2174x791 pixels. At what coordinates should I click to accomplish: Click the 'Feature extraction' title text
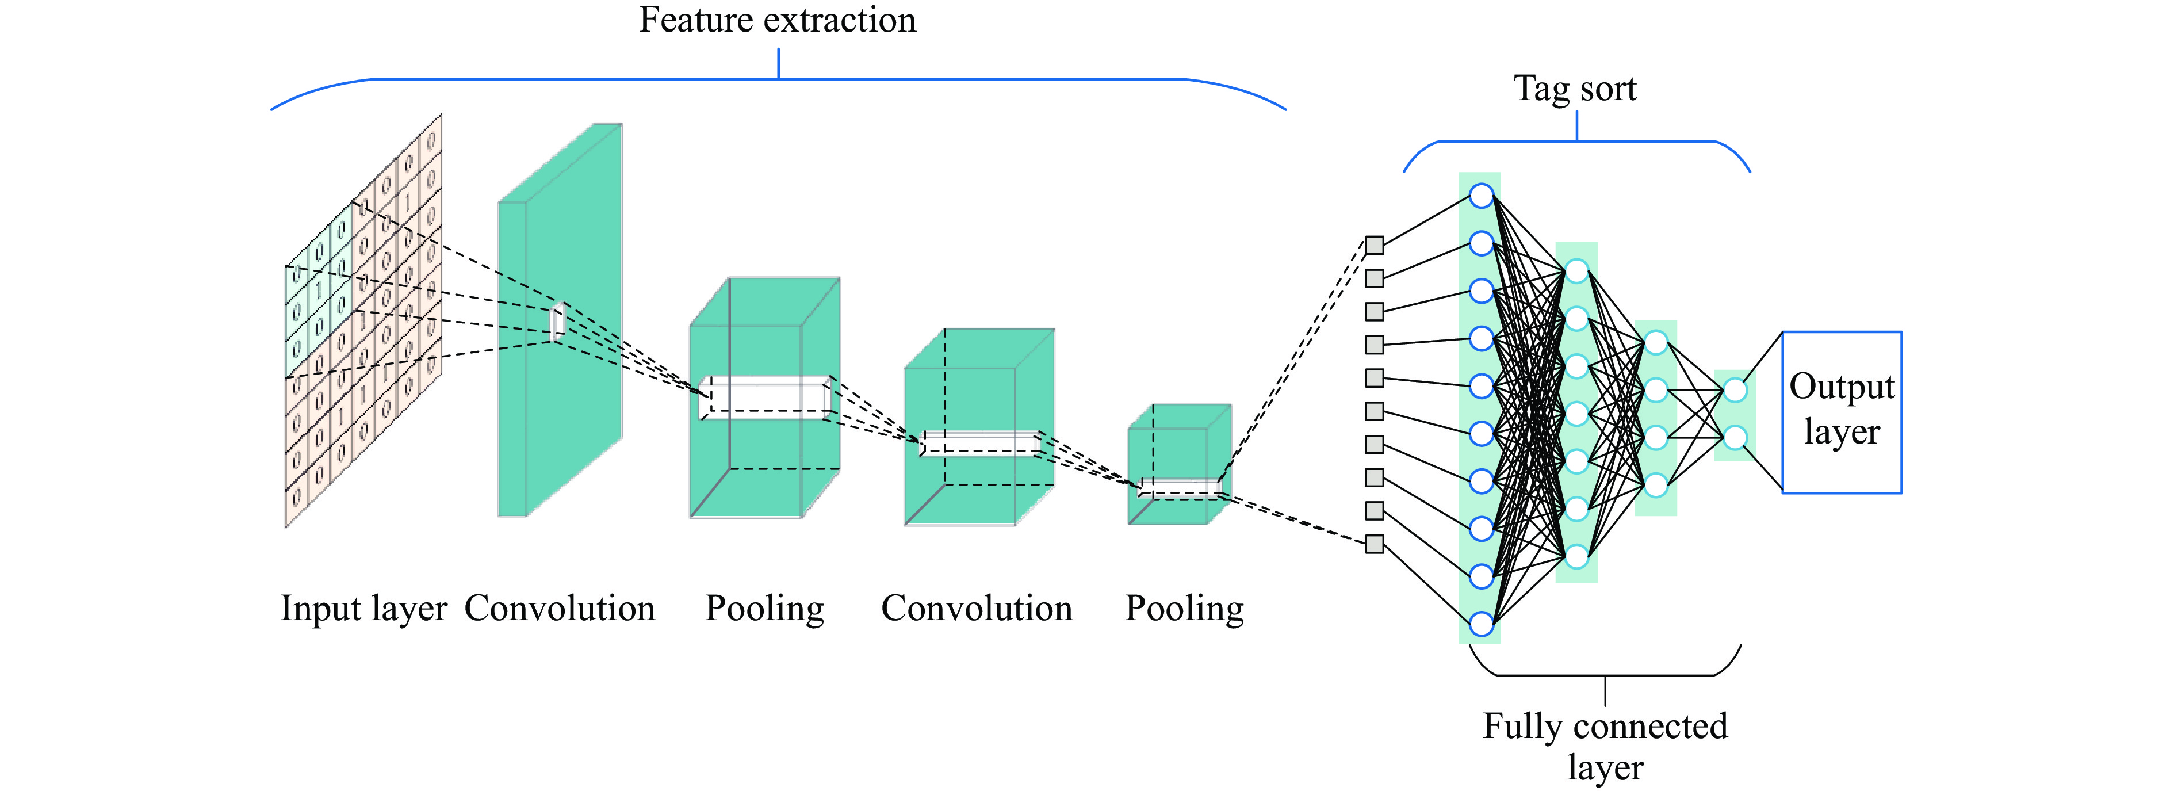pyautogui.click(x=777, y=20)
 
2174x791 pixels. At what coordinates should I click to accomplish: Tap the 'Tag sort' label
pyautogui.click(x=1575, y=89)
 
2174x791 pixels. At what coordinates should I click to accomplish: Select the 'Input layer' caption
pyautogui.click(x=363, y=609)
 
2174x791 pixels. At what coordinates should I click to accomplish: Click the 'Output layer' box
pyautogui.click(x=1842, y=411)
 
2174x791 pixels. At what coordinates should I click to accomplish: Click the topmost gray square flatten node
pyautogui.click(x=1375, y=246)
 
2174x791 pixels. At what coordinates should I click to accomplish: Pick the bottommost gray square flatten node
pyautogui.click(x=1375, y=544)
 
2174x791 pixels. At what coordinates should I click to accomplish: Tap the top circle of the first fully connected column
pyautogui.click(x=1481, y=196)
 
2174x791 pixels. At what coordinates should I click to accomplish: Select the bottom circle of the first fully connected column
pyautogui.click(x=1481, y=624)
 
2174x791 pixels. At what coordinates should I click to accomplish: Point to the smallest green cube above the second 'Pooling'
pyautogui.click(x=1179, y=464)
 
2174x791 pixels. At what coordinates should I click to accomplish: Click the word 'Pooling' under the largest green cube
pyautogui.click(x=764, y=609)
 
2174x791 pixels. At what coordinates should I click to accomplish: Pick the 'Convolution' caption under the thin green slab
pyautogui.click(x=560, y=609)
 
